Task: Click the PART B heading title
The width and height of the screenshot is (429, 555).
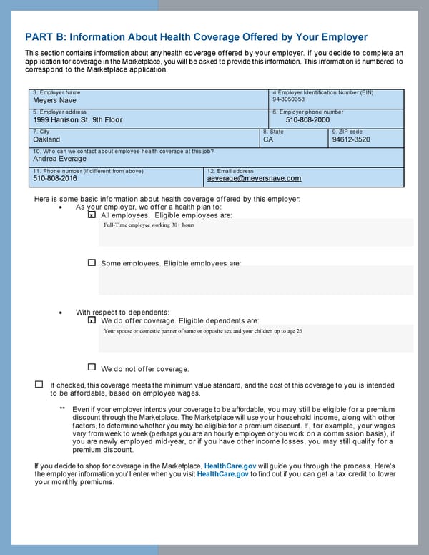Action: tap(196, 37)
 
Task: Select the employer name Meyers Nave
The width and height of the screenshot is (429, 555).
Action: tap(54, 101)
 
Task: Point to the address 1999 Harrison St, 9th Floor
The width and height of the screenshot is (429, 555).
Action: tap(77, 120)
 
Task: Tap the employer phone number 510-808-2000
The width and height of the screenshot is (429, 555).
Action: tap(307, 120)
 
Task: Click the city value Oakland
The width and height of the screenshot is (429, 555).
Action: tap(46, 140)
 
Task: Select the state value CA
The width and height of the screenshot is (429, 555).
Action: tap(268, 140)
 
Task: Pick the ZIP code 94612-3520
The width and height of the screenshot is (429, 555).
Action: tap(351, 140)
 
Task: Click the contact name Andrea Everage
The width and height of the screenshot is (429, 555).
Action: tap(59, 159)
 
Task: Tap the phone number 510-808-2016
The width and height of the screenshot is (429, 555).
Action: tap(55, 179)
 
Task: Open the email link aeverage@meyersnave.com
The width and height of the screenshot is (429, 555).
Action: tap(254, 179)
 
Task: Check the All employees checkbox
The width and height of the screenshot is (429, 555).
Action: tap(92, 215)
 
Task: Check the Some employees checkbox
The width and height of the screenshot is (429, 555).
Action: tap(92, 262)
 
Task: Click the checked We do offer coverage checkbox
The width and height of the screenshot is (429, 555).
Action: tap(92, 321)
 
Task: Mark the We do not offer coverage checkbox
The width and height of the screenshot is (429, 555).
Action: tap(92, 367)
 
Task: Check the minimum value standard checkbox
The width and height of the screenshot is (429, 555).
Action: tap(39, 384)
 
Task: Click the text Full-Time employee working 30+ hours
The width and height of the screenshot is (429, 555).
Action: tap(149, 225)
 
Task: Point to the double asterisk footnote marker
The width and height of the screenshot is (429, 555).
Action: tap(63, 409)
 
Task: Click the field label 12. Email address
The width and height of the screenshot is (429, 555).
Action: tap(230, 171)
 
